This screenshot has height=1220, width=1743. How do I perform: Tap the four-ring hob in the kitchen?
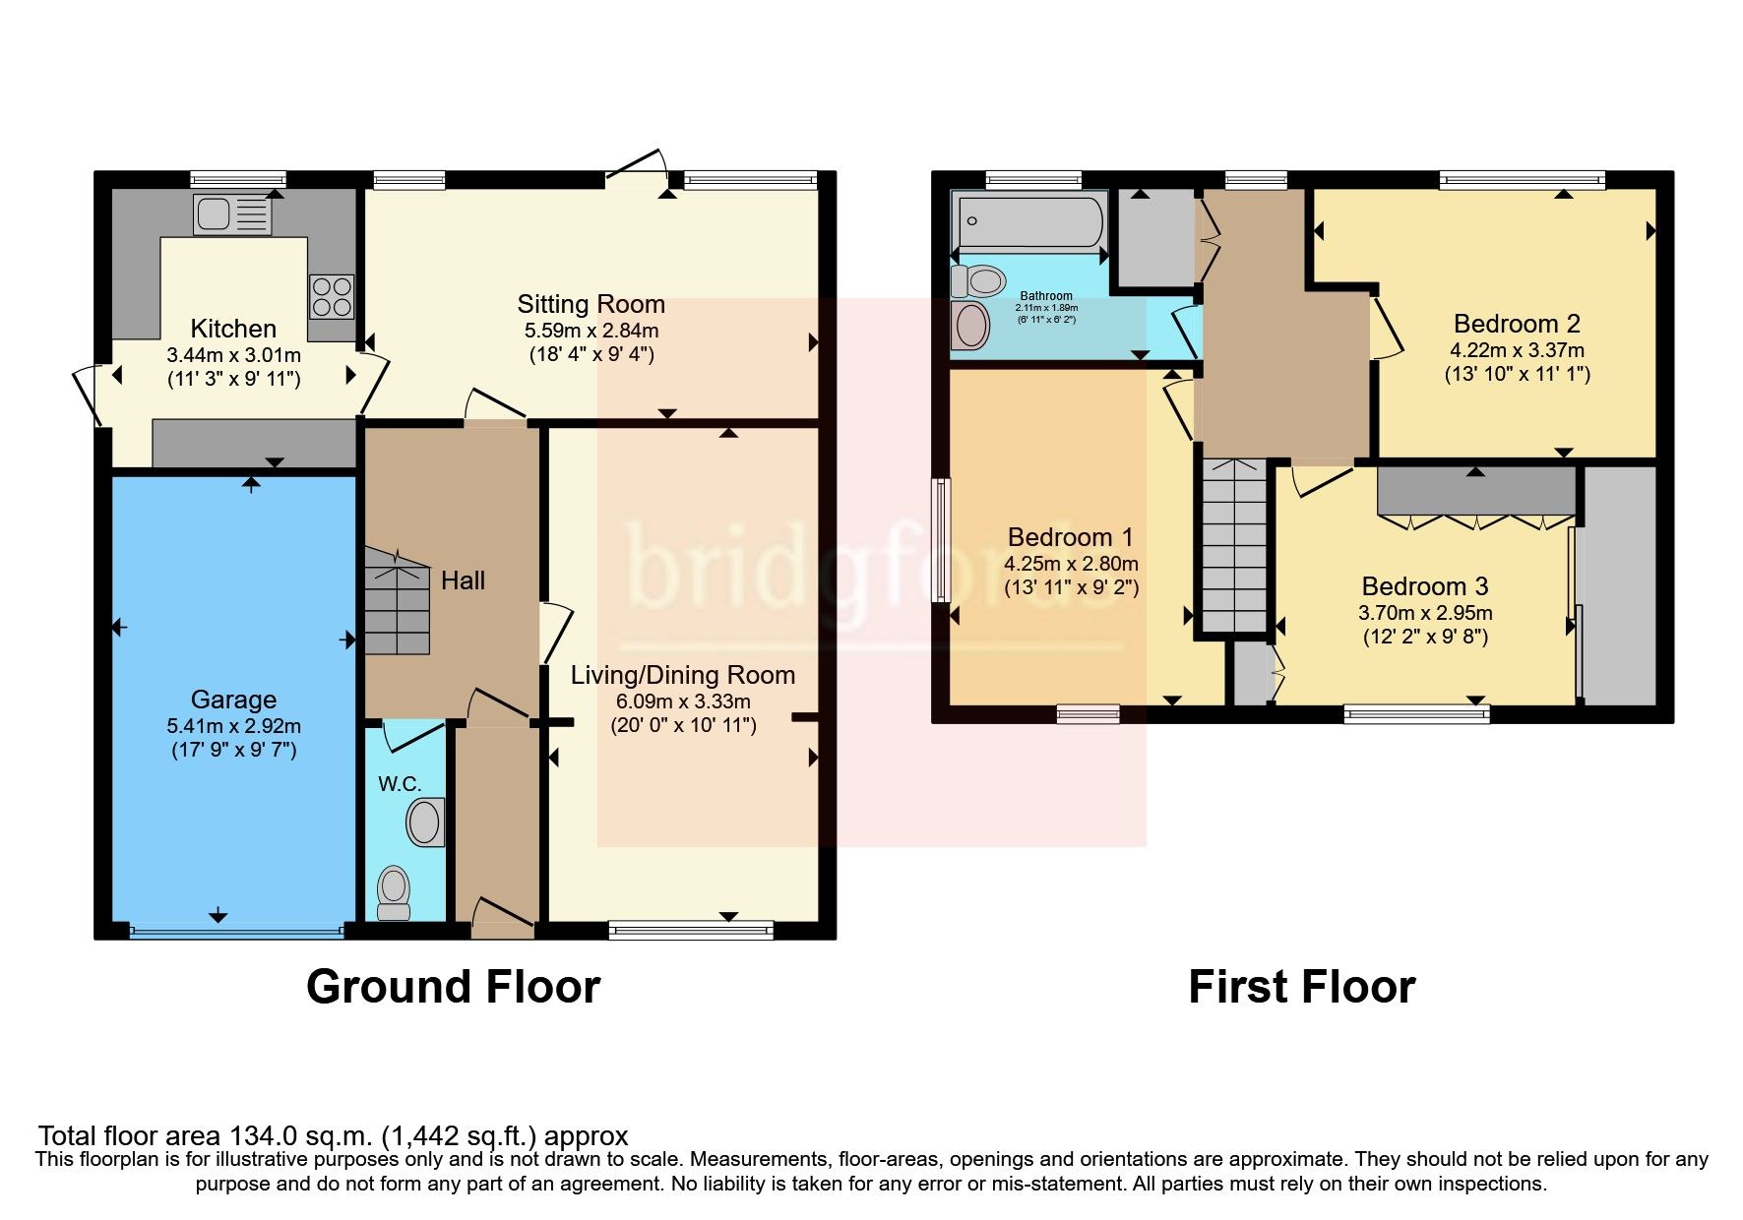[332, 296]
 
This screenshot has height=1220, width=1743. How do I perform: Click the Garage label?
[233, 700]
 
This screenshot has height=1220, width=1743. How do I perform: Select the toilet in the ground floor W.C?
[394, 891]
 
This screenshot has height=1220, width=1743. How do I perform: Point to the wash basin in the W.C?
[425, 823]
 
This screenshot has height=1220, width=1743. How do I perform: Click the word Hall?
[463, 580]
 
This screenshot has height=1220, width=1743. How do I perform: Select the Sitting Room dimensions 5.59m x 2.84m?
[591, 331]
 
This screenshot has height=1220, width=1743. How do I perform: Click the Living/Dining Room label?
[683, 675]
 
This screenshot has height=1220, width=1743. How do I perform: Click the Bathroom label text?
[1046, 295]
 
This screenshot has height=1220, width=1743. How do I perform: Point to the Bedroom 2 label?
[1517, 323]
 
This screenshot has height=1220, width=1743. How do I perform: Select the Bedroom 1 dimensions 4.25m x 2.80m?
[1071, 564]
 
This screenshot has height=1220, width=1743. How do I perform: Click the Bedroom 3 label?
[1425, 586]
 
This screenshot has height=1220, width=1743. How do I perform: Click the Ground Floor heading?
[453, 987]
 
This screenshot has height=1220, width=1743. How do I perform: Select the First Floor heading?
[1301, 987]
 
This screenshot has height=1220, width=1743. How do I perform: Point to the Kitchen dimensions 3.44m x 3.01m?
[233, 355]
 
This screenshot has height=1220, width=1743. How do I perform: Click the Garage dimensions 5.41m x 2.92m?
[233, 727]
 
